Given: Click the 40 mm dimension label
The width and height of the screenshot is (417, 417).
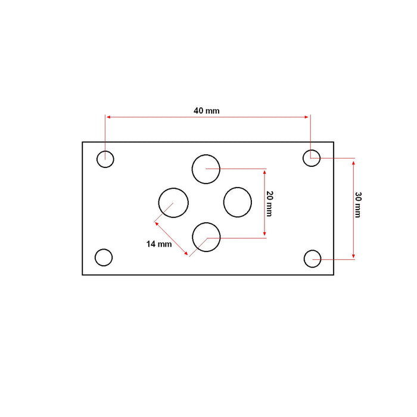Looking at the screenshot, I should (207, 111).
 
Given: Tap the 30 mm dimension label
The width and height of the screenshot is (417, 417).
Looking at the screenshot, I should (357, 205).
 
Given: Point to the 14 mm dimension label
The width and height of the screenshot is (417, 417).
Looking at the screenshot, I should (159, 244).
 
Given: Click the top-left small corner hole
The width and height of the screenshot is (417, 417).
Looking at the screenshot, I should (105, 159).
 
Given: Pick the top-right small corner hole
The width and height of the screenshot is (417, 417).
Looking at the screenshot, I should (312, 158).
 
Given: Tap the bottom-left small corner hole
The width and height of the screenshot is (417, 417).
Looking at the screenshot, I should (104, 257).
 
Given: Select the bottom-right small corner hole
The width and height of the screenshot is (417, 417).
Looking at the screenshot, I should (313, 259).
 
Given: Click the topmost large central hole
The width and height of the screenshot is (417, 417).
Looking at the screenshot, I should (206, 168).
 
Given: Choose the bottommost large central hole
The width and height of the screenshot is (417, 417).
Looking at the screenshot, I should (207, 236).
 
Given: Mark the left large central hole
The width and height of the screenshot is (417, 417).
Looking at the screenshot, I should (173, 202).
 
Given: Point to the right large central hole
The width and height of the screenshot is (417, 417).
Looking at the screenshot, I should (238, 201).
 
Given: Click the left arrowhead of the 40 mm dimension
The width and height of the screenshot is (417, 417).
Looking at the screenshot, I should (108, 117).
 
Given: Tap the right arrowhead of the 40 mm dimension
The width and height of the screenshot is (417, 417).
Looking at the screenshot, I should (308, 117).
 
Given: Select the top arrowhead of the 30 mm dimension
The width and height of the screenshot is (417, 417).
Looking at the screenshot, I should (354, 160).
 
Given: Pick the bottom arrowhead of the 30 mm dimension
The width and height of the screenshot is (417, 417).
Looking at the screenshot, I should (354, 256).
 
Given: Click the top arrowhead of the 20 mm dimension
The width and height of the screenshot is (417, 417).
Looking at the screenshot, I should (264, 170).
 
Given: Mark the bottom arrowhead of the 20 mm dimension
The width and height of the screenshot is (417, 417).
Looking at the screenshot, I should (264, 235).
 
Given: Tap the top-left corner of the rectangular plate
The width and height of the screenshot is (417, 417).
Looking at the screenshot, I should (82, 142).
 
